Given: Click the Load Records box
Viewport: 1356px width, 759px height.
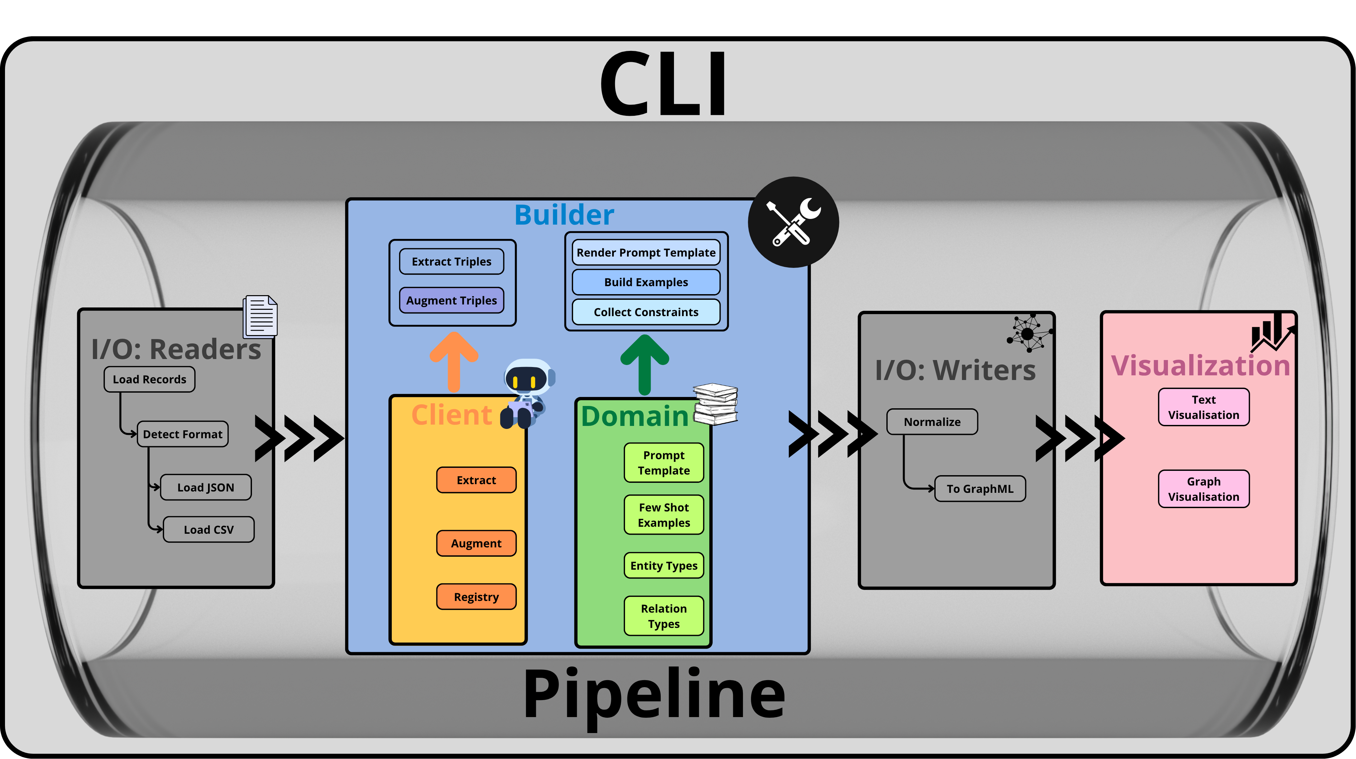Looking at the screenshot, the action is tap(149, 379).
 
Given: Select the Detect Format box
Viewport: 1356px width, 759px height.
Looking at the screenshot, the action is tap(183, 434).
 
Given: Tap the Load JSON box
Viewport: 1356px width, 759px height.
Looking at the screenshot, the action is tap(206, 487).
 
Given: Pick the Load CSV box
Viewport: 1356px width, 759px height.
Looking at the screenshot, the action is tap(209, 529).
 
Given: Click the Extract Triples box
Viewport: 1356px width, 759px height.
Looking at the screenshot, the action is tap(452, 262).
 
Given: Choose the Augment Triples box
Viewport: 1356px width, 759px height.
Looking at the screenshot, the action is tap(452, 300).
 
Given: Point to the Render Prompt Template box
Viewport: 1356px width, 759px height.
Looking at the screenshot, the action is tap(646, 253).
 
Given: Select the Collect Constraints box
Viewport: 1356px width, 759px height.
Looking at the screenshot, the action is tap(646, 312).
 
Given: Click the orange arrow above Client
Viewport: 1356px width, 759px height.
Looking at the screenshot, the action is tap(454, 362).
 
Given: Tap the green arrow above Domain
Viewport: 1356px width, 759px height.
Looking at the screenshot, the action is tap(645, 364).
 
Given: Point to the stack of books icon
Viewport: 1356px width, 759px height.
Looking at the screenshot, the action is tap(715, 404).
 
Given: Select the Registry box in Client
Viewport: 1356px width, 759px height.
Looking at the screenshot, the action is tap(476, 597).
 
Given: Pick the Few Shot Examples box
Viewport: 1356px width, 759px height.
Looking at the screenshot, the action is tap(664, 515).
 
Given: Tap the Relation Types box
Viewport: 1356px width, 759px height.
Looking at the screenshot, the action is tap(664, 616).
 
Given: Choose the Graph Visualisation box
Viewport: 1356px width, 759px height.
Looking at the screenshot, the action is tap(1204, 489).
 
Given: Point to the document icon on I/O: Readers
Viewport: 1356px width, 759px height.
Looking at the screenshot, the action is tap(260, 317).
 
